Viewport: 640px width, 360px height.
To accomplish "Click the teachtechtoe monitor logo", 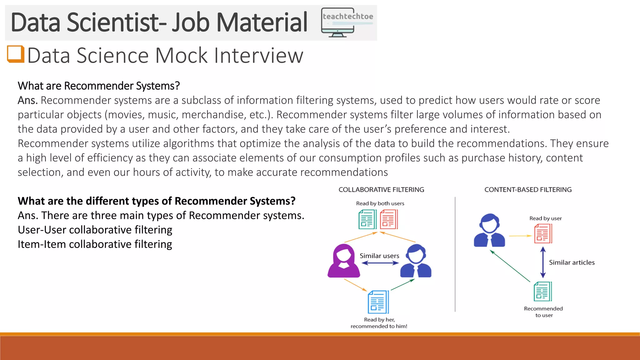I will click(x=347, y=22).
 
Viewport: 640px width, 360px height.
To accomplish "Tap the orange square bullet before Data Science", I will click(x=16, y=54).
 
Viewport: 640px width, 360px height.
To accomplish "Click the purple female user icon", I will click(x=344, y=261).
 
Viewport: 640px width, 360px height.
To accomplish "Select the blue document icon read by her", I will click(x=378, y=302).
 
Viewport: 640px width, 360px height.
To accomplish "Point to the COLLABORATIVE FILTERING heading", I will click(x=381, y=190).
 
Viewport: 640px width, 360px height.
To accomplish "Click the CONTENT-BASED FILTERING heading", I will click(x=528, y=190).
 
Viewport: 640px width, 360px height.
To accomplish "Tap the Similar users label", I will click(x=379, y=256).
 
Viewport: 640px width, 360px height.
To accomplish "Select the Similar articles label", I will click(x=572, y=262).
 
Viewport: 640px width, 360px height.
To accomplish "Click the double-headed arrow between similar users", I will click(x=380, y=263).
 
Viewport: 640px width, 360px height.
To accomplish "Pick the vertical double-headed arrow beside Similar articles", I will click(x=543, y=262).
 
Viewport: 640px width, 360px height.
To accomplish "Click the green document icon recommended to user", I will click(x=543, y=291).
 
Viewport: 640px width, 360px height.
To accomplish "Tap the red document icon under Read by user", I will click(x=543, y=234).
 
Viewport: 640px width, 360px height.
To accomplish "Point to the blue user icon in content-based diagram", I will click(x=489, y=231).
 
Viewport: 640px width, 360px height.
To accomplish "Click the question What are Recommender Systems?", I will click(x=99, y=86).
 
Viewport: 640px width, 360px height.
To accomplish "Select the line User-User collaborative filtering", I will click(x=95, y=230).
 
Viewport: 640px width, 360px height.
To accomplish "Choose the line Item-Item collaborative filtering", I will click(x=95, y=244).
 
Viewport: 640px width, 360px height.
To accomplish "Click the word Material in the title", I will click(x=262, y=22).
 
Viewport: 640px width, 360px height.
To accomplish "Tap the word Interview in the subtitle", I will click(x=258, y=56).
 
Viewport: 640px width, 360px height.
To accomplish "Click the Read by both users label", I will click(x=380, y=203).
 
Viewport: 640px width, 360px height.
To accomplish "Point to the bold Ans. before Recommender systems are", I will click(x=27, y=100).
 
